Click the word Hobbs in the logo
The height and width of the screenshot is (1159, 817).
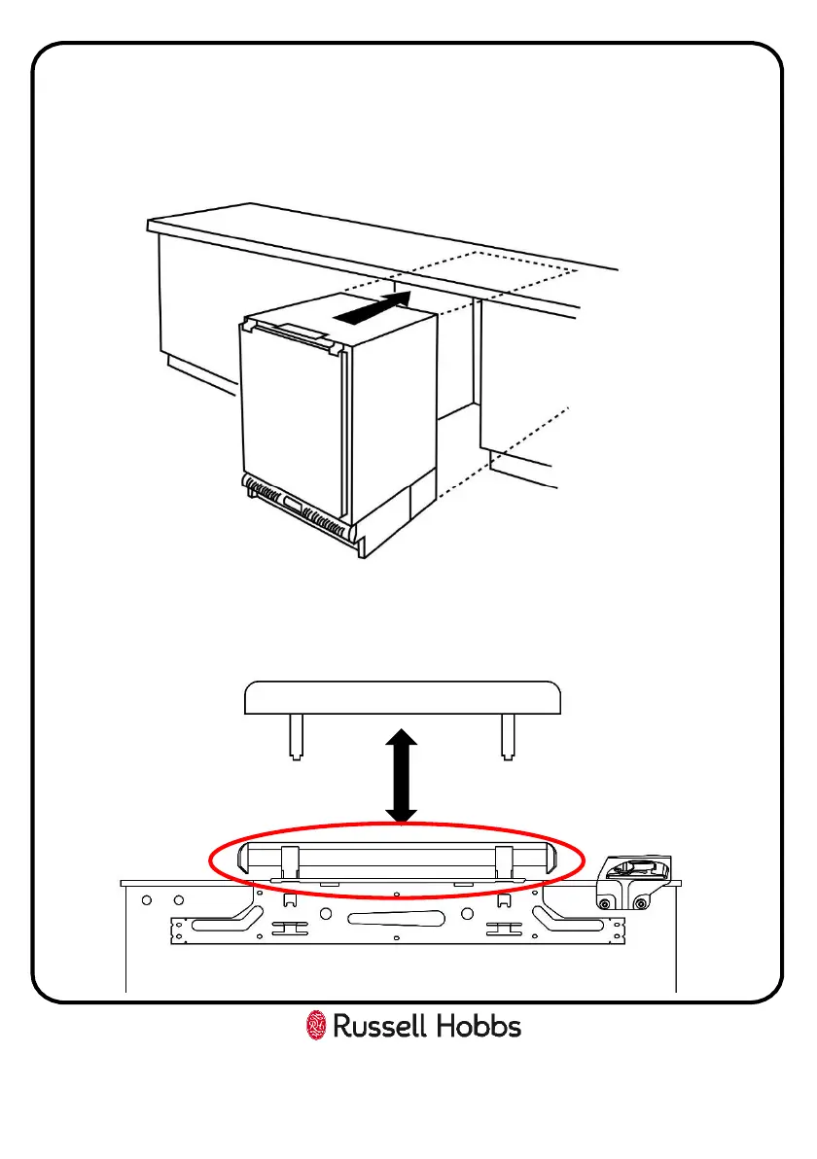coord(476,1027)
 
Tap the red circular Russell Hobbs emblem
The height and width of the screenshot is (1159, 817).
coord(316,1026)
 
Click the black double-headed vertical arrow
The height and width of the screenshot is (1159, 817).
coord(401,777)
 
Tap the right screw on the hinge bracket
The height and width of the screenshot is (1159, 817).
coord(639,904)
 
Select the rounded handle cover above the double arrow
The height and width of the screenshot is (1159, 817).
coord(402,699)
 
